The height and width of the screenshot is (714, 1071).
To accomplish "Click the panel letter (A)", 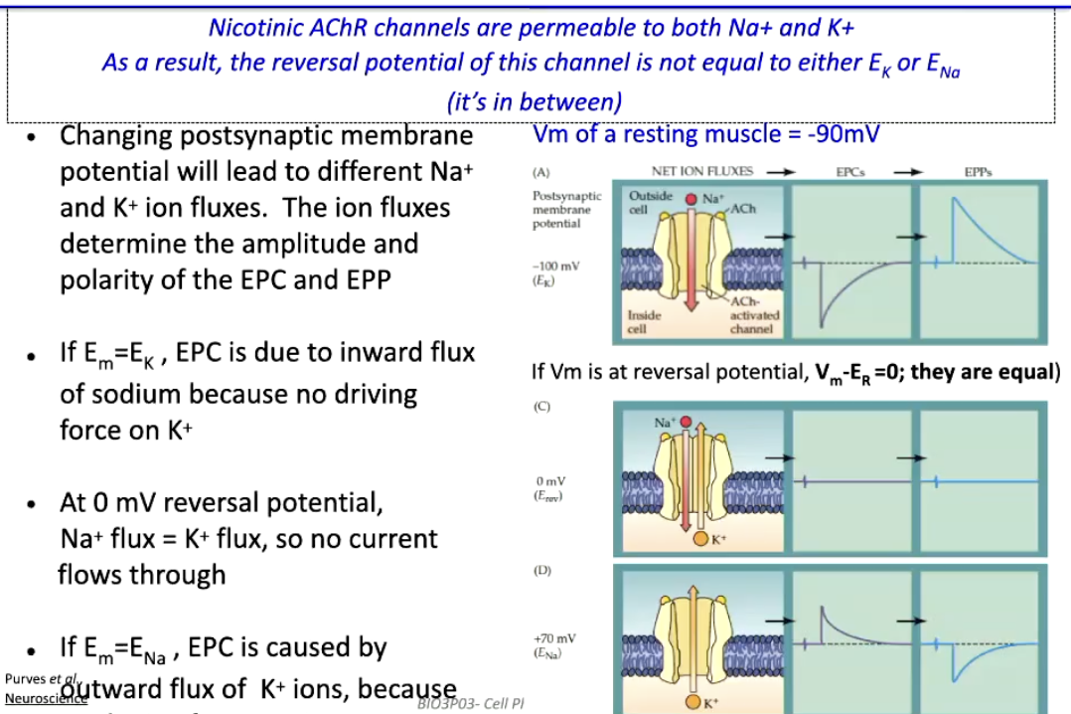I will click(x=541, y=172).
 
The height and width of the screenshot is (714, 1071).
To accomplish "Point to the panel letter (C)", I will click(x=541, y=407).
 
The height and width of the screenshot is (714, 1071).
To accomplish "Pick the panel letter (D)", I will click(x=541, y=571).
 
